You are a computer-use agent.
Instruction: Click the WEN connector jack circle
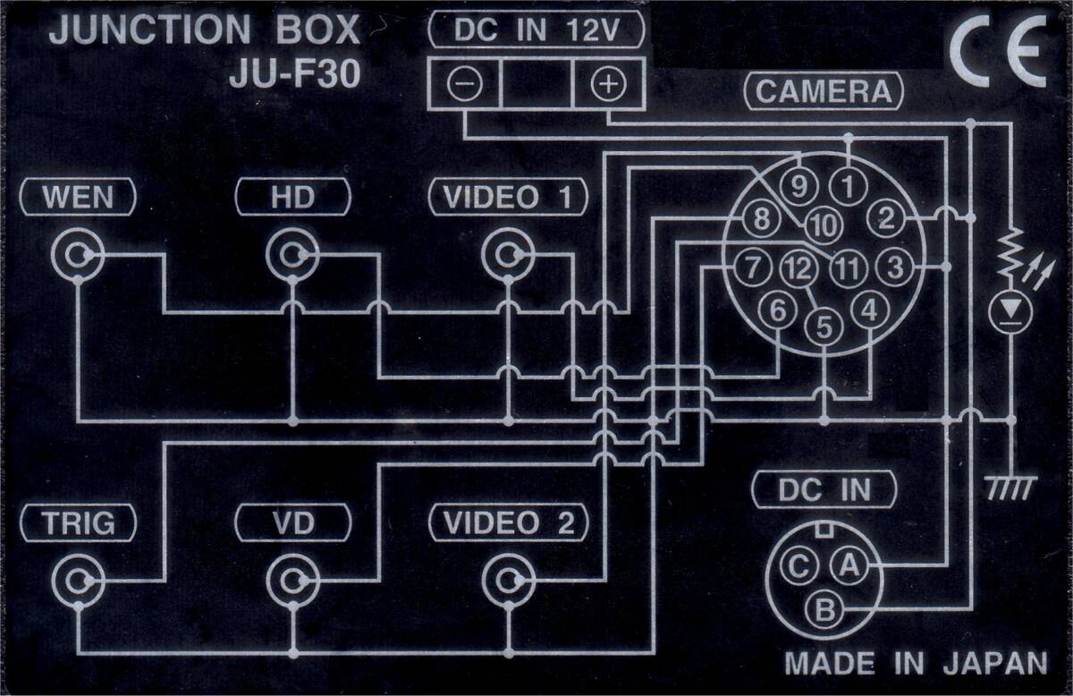[x=78, y=255]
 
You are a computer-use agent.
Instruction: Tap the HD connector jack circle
[x=292, y=255]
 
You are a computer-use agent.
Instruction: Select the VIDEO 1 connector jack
[x=508, y=255]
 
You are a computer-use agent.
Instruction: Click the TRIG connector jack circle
[x=78, y=580]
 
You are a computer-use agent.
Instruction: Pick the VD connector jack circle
[x=292, y=580]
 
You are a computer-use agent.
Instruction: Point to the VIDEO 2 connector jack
[x=508, y=580]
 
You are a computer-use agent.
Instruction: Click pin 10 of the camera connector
[x=824, y=225]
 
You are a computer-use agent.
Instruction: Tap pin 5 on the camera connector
[x=824, y=327]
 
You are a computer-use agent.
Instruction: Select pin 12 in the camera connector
[x=798, y=267]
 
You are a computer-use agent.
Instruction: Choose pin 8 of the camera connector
[x=761, y=219]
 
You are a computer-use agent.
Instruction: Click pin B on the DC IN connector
[x=824, y=610]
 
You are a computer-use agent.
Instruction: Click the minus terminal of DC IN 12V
[x=464, y=84]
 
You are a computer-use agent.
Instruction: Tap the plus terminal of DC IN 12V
[x=608, y=84]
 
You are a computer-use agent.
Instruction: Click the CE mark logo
[x=998, y=51]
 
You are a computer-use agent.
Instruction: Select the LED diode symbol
[x=1010, y=312]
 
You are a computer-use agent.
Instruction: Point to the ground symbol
[x=1010, y=488]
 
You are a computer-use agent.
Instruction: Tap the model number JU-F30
[x=294, y=74]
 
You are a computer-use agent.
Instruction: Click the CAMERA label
[x=824, y=91]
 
